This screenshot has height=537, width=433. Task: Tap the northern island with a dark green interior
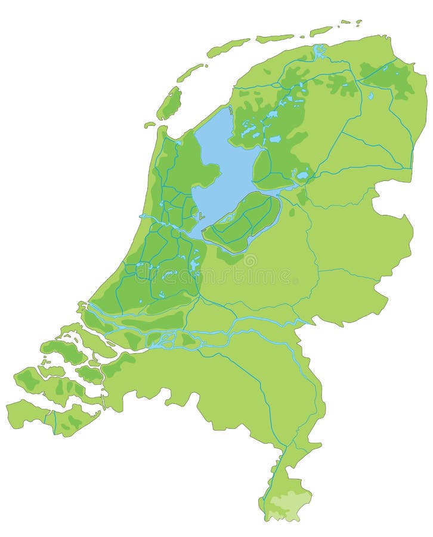[x=169, y=103]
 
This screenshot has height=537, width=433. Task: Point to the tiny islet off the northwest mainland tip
[x=149, y=125]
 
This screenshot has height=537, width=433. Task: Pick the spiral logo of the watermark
[x=249, y=261]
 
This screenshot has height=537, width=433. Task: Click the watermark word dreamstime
[x=262, y=276]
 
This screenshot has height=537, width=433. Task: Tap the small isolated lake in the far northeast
[x=370, y=95]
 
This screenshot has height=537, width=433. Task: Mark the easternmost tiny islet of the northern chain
[x=358, y=22]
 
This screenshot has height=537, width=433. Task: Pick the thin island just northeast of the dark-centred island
[x=190, y=73]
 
